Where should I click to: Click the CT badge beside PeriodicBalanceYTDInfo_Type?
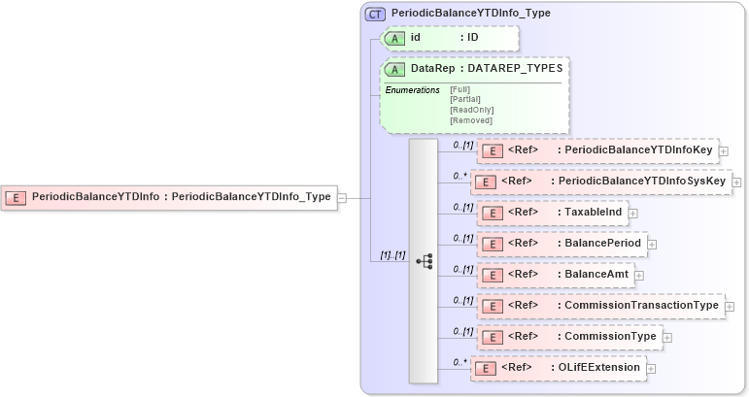click(375, 15)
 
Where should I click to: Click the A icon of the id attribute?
click(395, 38)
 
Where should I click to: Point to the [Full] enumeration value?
click(460, 89)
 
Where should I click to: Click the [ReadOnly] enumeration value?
click(470, 110)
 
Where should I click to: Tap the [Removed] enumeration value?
click(470, 120)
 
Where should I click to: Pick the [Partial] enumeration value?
click(465, 99)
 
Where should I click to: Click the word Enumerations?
click(412, 90)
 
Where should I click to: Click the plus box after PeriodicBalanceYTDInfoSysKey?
click(736, 182)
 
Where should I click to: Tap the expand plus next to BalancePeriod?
click(652, 244)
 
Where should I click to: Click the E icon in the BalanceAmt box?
click(493, 275)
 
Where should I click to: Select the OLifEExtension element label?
click(597, 368)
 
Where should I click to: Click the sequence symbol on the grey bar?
click(424, 261)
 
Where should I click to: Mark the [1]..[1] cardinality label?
click(391, 255)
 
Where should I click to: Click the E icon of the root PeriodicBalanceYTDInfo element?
click(17, 197)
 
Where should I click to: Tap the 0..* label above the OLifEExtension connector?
click(460, 362)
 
